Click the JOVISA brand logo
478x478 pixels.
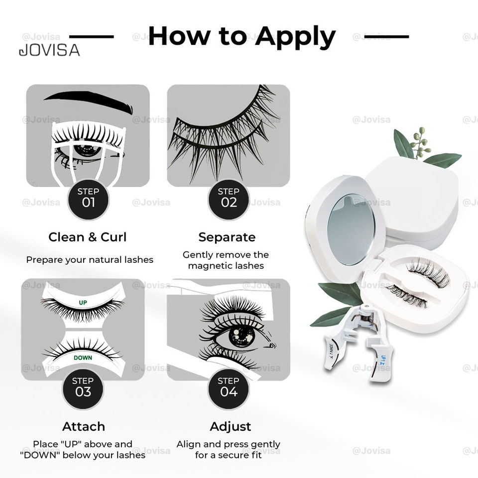tap(49, 50)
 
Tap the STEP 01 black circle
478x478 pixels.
tap(88, 198)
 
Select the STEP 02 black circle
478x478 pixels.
tap(229, 198)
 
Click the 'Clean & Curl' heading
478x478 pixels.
tap(87, 237)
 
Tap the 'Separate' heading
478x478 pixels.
tap(227, 237)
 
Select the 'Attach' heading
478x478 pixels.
tap(84, 426)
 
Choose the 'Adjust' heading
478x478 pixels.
tap(230, 426)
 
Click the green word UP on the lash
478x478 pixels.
tap(83, 302)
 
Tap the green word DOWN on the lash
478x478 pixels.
tap(83, 358)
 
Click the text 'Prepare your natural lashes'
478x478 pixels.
tap(90, 259)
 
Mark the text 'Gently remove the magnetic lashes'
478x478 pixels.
tap(226, 260)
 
